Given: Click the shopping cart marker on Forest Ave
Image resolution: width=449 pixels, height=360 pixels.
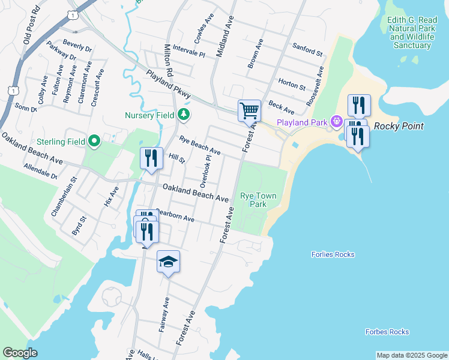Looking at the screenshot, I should click(249, 110).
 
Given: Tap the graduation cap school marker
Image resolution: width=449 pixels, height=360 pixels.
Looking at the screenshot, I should click(168, 262).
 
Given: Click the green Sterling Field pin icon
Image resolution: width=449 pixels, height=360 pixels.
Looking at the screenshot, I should click(94, 142).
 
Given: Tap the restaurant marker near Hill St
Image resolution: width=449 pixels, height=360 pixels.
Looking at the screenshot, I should click(151, 158).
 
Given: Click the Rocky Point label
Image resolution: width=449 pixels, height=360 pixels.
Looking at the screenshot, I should click(399, 126).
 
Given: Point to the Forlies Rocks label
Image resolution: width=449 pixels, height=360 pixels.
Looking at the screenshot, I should click(333, 254).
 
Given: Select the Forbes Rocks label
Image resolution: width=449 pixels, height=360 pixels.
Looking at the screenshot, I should click(387, 332).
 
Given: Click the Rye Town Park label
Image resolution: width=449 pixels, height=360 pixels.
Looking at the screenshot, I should click(253, 200).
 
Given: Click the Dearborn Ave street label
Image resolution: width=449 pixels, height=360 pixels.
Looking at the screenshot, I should click(175, 215).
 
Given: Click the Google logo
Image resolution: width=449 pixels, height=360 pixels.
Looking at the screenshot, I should click(20, 353).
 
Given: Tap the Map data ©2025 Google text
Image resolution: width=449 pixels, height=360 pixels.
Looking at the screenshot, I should click(412, 355).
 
